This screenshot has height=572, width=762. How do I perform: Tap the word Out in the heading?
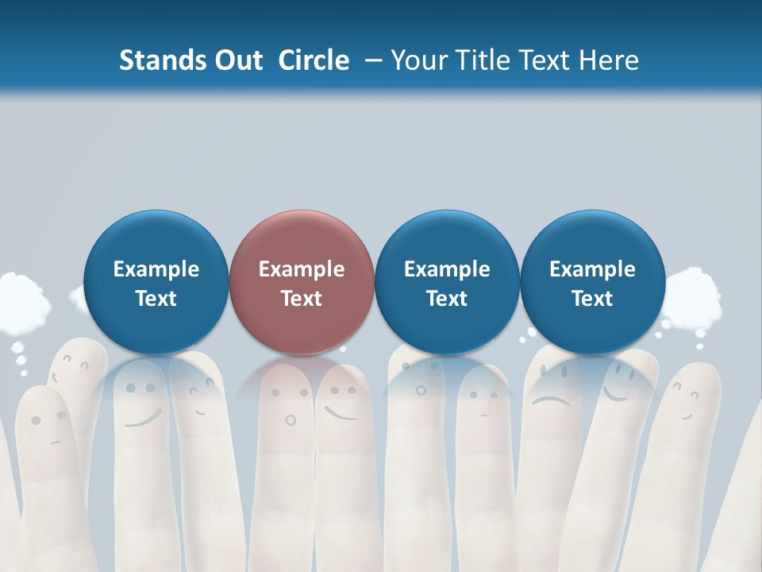(237, 60)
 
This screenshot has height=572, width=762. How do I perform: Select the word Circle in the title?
(314, 60)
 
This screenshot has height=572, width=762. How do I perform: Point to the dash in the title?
(373, 60)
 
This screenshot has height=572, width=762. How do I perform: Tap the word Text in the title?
(544, 60)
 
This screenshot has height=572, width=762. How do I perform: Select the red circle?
(302, 282)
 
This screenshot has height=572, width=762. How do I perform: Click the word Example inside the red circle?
(302, 269)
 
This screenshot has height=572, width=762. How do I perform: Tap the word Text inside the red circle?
(302, 299)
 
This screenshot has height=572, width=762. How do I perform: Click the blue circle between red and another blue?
(447, 282)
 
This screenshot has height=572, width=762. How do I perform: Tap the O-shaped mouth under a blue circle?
(421, 390)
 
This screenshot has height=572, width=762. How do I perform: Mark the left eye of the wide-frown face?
(542, 372)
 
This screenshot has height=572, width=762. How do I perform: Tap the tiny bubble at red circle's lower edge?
(343, 349)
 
